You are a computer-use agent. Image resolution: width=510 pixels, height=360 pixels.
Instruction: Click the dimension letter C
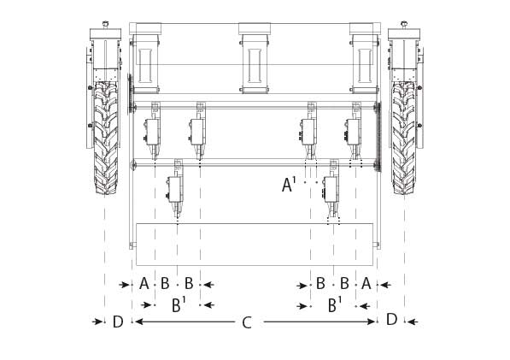tap(247, 323)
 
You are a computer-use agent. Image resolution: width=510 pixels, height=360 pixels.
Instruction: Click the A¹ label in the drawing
tap(289, 184)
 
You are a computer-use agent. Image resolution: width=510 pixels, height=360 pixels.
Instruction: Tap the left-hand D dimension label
tap(118, 322)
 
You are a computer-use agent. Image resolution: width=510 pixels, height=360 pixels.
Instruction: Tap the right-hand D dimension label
tap(392, 319)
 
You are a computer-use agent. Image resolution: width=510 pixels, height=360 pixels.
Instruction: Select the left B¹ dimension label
tap(179, 305)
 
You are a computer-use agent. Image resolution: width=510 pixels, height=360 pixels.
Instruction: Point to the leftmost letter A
tap(144, 284)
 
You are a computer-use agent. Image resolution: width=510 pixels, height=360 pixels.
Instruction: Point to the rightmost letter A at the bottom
tap(366, 283)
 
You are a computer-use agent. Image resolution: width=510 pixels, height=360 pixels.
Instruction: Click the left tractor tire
tap(106, 138)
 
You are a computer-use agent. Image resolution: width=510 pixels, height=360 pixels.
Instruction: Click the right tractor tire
tap(403, 138)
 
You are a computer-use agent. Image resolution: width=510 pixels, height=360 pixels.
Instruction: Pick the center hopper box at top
tap(255, 58)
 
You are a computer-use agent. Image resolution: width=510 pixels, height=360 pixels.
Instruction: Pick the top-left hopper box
tap(145, 58)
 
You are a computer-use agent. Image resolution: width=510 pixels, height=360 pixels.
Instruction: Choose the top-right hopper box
tap(365, 58)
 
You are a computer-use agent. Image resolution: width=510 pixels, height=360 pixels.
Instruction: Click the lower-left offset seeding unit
tap(176, 189)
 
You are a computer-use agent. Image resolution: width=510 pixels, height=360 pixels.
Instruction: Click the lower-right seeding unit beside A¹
tap(331, 189)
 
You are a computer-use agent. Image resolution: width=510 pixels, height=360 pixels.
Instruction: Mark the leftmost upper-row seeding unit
tap(153, 131)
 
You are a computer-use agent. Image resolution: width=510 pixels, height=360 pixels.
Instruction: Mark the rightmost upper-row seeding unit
tap(354, 131)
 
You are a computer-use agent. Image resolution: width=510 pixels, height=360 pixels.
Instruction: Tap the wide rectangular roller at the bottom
tap(255, 245)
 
